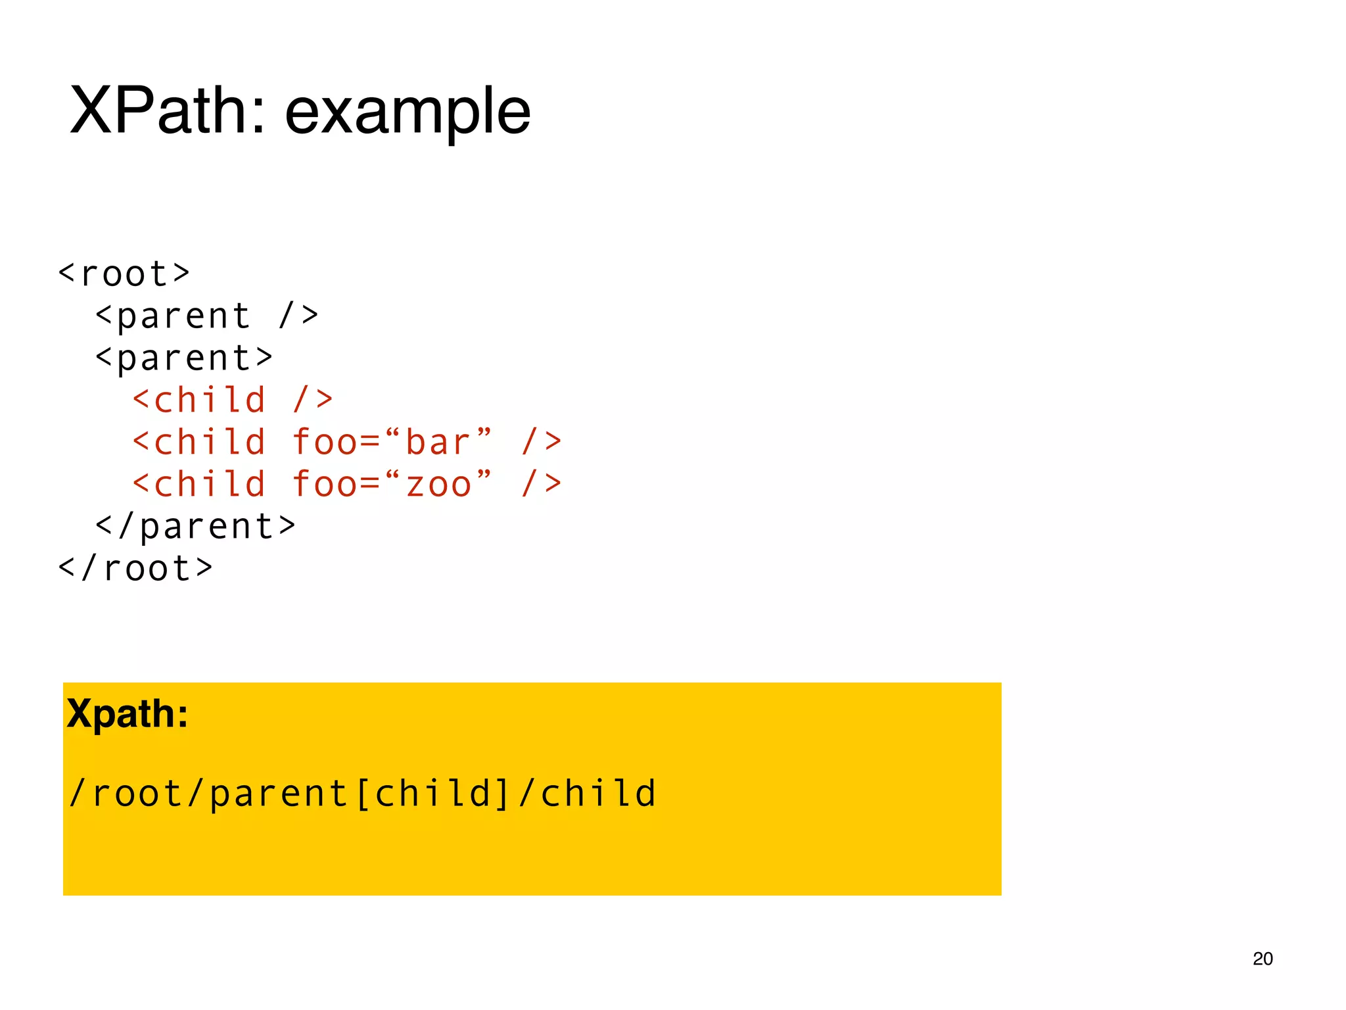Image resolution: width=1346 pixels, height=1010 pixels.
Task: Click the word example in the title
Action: click(407, 113)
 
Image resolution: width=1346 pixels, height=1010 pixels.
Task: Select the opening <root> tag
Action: click(124, 274)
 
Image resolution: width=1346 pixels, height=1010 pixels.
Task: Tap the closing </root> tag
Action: click(135, 568)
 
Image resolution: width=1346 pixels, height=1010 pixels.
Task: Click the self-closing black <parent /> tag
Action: click(207, 316)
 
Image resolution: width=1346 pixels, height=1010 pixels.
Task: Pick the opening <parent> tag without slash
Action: click(184, 358)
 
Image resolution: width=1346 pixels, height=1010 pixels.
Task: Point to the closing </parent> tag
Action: click(196, 526)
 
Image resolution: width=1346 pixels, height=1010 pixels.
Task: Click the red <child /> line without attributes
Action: click(233, 400)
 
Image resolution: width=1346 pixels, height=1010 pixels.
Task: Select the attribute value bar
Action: click(438, 442)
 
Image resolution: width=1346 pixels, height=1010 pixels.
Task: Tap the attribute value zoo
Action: click(439, 485)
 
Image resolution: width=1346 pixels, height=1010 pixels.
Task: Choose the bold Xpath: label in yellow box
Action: click(128, 713)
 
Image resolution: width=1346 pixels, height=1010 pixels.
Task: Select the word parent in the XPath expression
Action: click(278, 793)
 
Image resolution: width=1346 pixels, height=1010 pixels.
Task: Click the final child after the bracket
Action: click(598, 793)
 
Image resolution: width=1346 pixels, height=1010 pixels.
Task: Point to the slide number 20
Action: click(1263, 959)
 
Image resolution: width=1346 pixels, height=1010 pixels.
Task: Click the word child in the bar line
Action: click(210, 442)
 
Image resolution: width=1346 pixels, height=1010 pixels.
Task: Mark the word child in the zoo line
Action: click(210, 485)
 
